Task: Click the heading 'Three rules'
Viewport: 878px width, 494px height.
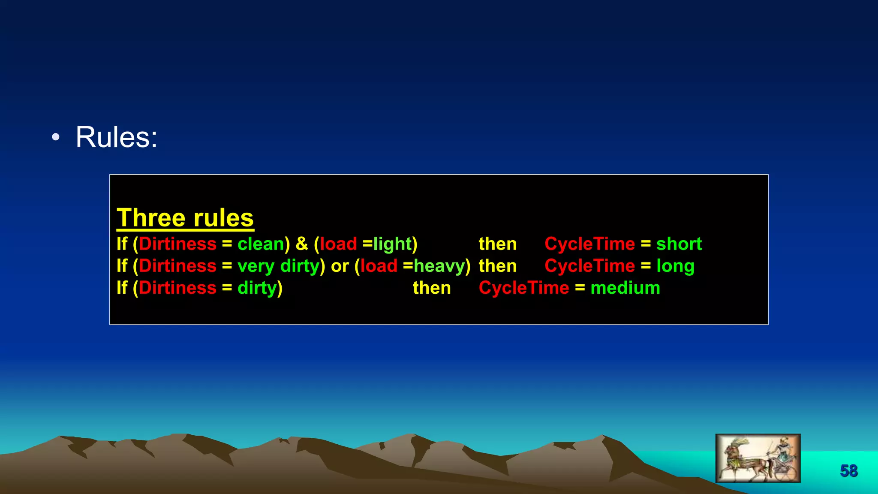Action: [185, 218]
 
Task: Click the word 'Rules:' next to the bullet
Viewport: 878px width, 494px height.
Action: [116, 137]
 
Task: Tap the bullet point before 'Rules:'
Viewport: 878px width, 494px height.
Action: [56, 138]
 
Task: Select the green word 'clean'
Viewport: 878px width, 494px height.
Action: [261, 244]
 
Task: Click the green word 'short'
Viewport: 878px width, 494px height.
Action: [679, 244]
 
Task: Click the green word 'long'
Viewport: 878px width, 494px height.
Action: [675, 266]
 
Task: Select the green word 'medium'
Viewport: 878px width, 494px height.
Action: [625, 288]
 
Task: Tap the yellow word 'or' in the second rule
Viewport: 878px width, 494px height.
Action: [340, 266]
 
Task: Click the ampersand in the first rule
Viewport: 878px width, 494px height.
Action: [302, 244]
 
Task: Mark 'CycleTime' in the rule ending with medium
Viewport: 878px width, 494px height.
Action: [524, 288]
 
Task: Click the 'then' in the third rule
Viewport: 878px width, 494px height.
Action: [432, 288]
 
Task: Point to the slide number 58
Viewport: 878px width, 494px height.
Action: [848, 471]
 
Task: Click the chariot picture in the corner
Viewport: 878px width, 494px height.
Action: [758, 458]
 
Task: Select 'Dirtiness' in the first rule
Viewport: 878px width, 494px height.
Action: [177, 244]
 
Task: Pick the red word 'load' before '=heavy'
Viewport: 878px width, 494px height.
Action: [379, 266]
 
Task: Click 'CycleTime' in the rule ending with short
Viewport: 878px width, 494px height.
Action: [589, 244]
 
